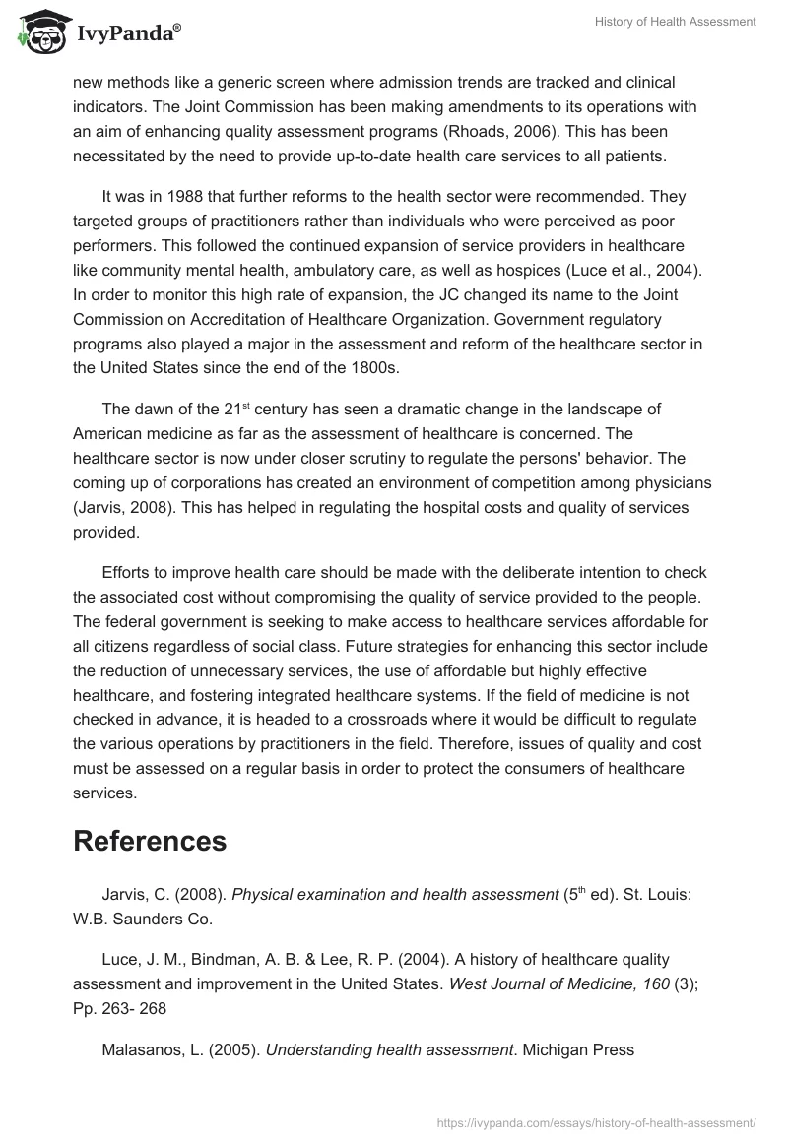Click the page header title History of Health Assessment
(x=675, y=23)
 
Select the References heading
(x=150, y=840)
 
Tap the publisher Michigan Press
(x=578, y=1049)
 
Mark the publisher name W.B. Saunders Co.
(x=142, y=920)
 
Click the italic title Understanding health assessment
(x=391, y=1049)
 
